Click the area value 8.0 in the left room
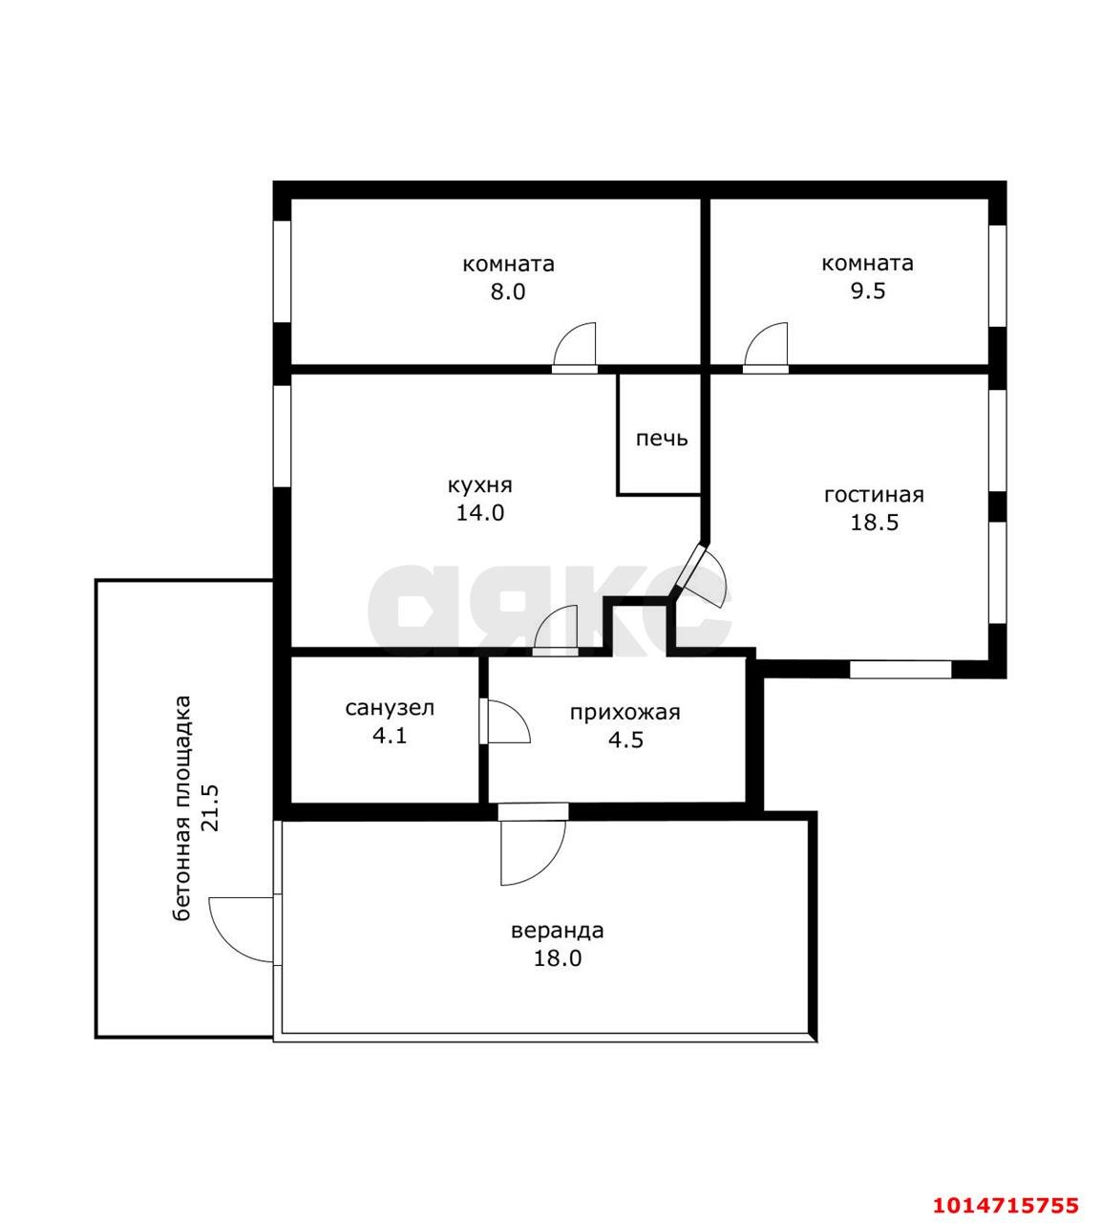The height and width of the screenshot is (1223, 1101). click(508, 292)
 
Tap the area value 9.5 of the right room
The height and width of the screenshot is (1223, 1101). click(868, 290)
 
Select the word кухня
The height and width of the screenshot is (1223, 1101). click(479, 486)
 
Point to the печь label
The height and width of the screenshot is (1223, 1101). click(662, 439)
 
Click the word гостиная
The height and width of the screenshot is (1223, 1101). click(874, 494)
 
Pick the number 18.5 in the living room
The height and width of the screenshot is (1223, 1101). click(875, 523)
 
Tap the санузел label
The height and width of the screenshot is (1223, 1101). click(390, 708)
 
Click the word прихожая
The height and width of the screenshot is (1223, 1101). click(625, 713)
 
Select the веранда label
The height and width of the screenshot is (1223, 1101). click(558, 931)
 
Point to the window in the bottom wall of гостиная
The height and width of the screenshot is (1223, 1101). click(900, 670)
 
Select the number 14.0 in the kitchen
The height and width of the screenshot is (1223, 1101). click(480, 513)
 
